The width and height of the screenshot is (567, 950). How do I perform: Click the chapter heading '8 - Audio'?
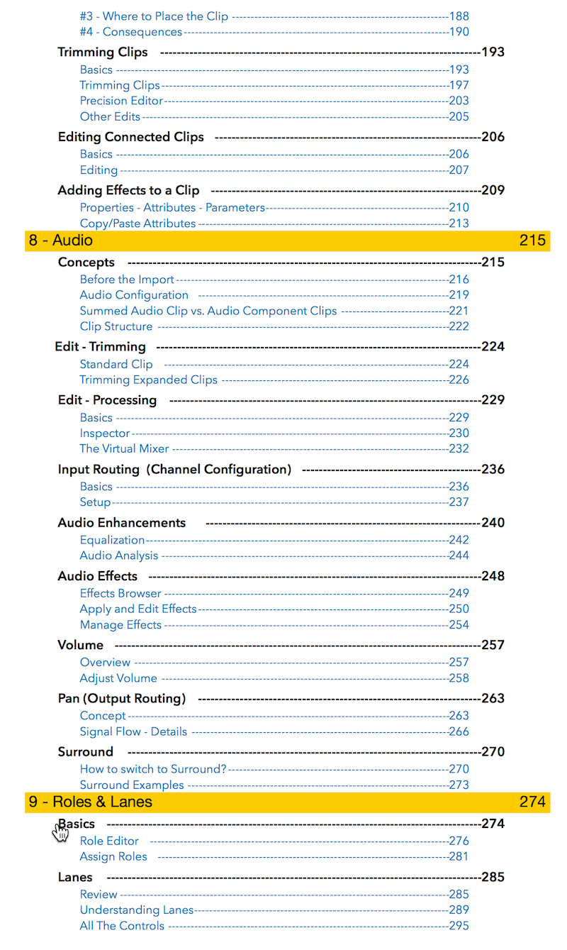[61, 241]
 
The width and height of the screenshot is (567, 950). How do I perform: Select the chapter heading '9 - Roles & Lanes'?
[90, 802]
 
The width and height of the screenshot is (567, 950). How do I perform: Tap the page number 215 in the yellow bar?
[532, 241]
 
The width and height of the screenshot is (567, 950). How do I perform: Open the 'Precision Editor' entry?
[121, 101]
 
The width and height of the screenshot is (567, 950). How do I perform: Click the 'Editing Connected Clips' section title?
[130, 137]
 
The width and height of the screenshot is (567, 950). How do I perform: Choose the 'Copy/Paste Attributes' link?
[137, 223]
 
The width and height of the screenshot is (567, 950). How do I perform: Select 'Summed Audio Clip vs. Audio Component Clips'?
[208, 311]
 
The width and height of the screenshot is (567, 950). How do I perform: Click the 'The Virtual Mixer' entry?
[124, 448]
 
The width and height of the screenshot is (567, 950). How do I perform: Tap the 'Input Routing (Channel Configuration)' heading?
[174, 469]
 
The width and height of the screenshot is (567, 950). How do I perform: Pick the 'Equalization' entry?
[112, 540]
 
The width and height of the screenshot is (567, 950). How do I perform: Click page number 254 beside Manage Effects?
[459, 625]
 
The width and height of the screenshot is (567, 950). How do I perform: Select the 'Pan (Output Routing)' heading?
[122, 698]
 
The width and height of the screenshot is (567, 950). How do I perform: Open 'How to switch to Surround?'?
[153, 769]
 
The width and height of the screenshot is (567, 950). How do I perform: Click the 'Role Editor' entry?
[109, 841]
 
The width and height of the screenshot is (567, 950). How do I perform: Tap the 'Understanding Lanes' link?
[136, 910]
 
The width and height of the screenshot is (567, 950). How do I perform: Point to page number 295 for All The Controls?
[459, 926]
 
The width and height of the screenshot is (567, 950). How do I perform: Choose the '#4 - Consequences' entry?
[131, 32]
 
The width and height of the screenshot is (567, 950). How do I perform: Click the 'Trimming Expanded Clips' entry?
[148, 380]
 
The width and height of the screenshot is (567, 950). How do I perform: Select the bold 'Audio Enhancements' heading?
[122, 523]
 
